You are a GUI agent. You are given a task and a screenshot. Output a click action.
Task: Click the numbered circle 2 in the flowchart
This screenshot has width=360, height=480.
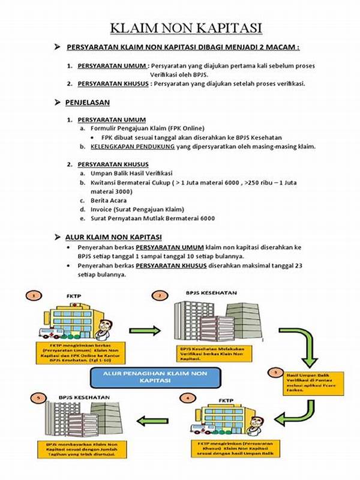coord(160,295)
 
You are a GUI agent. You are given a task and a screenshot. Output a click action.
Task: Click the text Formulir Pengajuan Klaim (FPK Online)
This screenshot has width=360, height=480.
coord(147,128)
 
